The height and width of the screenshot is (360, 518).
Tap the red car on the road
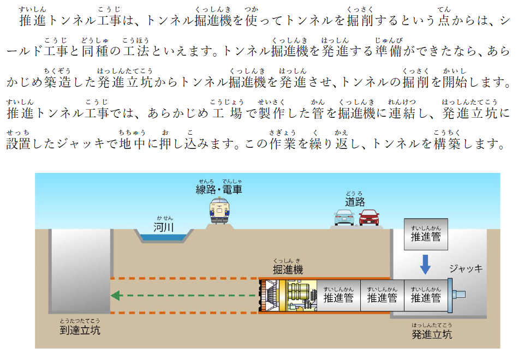pos(370,218)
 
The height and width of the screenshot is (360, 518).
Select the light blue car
pos(344,218)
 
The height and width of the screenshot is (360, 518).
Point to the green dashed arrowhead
pos(115,296)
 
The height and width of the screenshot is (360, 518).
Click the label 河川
pos(163,227)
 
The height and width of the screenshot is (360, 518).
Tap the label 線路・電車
pos(219,190)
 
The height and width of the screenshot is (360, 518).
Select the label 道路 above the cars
pos(354,202)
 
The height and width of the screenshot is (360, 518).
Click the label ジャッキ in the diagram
pos(466,268)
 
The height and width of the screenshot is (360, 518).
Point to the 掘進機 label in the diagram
pos(288,269)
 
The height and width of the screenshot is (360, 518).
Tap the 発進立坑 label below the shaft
pos(432,334)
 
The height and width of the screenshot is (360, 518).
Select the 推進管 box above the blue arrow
pos(426,236)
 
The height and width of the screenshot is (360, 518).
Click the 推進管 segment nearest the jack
pos(426,297)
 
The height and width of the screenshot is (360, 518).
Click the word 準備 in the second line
pos(388,52)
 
